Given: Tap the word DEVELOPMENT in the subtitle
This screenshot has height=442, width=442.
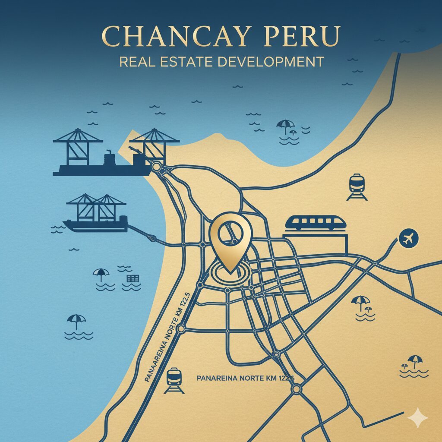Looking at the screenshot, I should point(270,61).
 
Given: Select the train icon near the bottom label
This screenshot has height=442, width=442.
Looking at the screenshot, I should point(174,380).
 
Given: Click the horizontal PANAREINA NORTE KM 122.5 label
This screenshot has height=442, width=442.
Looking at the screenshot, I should point(245,378).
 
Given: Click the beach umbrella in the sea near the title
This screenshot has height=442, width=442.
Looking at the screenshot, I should point(285,126).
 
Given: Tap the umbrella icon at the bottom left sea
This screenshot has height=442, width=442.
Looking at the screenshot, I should point(77,322).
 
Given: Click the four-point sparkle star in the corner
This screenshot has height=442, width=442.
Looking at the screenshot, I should point(417,417).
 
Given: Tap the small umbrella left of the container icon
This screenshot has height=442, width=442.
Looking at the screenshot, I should point(101,275).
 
